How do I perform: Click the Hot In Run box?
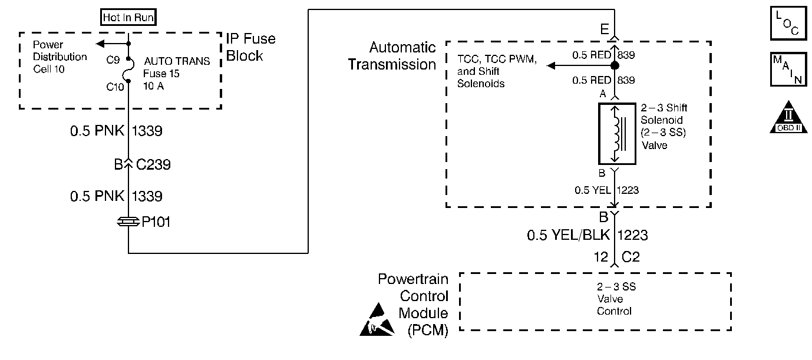128,17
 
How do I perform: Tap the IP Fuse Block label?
250,47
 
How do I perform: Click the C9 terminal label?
113,60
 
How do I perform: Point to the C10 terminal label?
115,87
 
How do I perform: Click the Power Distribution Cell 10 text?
60,57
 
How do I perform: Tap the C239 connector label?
153,164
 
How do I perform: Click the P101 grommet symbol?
128,222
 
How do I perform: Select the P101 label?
156,222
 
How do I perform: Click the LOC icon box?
788,23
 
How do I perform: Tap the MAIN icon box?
788,70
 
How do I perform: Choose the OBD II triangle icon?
788,117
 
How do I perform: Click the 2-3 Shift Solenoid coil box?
617,134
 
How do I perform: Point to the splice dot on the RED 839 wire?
615,65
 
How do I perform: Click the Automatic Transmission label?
392,56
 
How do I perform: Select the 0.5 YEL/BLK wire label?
568,235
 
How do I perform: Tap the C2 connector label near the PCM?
631,257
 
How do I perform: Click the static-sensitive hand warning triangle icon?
377,319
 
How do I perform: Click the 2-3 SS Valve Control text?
616,299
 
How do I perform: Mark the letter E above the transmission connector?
605,29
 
